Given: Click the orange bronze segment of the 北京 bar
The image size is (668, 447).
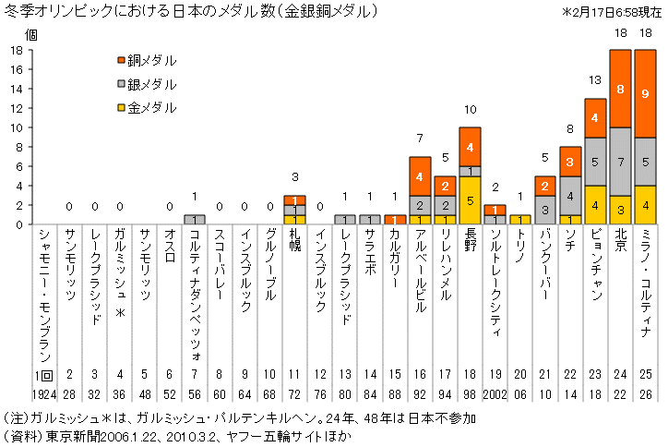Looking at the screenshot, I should point(619,89).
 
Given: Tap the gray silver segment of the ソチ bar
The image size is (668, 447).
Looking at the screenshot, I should point(569,195).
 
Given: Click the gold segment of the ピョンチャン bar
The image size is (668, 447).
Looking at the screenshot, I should point(594,205).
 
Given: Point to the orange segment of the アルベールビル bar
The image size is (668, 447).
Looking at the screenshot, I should point(420,175).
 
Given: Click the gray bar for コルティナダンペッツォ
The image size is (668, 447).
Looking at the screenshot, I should point(195,220).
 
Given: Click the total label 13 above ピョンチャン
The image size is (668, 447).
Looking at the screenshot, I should point(594,80).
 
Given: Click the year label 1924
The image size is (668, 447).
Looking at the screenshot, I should point(45,393).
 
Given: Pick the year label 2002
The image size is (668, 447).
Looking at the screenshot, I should point(495,393).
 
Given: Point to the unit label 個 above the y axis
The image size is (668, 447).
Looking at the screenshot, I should point(30,34).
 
